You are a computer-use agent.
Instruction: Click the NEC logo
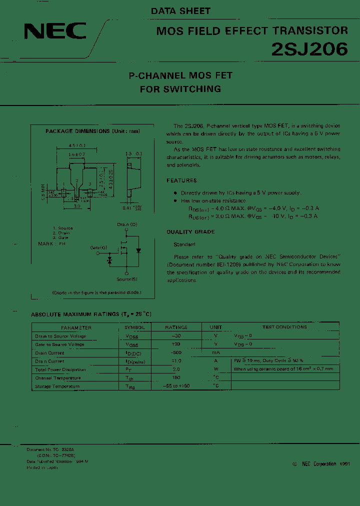[55, 32]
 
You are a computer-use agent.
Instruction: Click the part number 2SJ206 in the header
[309, 49]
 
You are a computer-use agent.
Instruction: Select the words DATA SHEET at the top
[180, 10]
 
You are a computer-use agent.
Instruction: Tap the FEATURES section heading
[181, 180]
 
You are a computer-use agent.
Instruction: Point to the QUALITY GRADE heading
[190, 232]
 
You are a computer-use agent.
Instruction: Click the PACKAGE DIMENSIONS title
[92, 131]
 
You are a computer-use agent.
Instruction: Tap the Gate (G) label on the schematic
[98, 248]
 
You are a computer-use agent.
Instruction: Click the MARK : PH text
[52, 243]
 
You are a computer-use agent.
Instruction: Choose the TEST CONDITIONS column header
[284, 327]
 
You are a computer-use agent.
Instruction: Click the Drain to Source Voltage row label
[60, 336]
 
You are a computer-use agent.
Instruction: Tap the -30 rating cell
[176, 336]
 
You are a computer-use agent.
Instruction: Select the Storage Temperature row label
[57, 386]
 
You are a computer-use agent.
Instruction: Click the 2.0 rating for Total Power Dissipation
[176, 369]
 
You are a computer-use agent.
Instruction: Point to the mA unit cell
[216, 352]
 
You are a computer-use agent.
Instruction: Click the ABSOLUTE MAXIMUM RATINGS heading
[91, 314]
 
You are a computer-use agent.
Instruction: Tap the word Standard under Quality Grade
[184, 244]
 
